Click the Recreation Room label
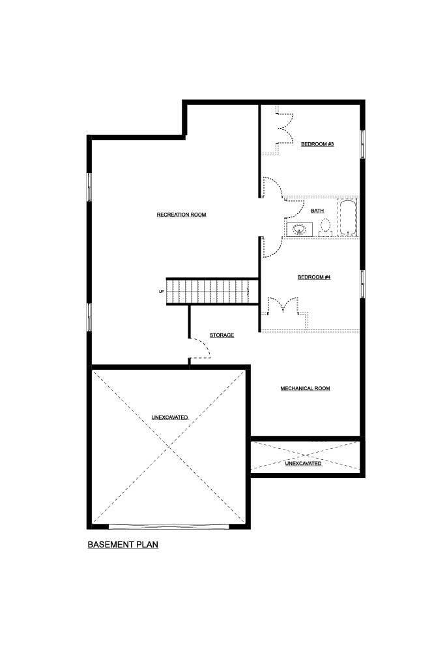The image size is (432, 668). coord(181,215)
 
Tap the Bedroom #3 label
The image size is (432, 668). coord(317,144)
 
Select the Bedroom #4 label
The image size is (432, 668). coord(314,277)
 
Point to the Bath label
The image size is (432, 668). coord(317,211)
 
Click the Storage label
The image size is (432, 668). coord(222,335)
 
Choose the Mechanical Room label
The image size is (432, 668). coord(305,389)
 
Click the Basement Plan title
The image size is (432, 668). coord(123,545)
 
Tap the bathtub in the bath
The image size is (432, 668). coord(348,218)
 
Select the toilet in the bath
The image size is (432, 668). coord(326,228)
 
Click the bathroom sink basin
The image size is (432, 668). coord(299,229)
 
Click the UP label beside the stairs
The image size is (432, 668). coord(162,292)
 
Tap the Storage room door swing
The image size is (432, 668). coord(199,348)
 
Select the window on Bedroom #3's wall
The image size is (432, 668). coord(363,144)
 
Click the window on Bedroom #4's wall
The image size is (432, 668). coord(363,284)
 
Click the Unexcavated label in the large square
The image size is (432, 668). coord(170,417)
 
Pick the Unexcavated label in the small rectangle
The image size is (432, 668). coord(303,463)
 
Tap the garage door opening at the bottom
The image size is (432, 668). coord(169,526)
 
